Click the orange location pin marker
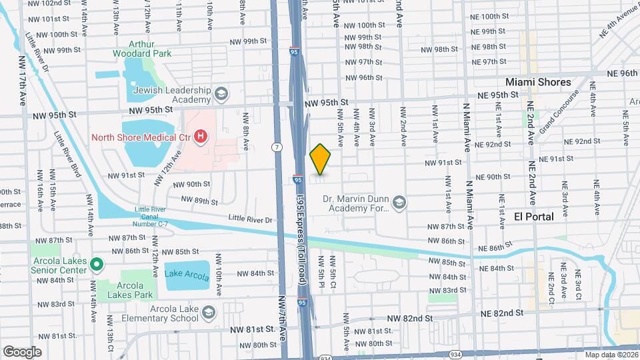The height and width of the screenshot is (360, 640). [x=321, y=159]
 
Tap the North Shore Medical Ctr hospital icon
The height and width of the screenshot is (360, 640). [x=200, y=138]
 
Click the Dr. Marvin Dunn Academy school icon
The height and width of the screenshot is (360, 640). [x=399, y=202]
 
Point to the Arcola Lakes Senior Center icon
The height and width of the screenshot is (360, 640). [x=96, y=265]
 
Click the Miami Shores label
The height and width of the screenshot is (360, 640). [x=538, y=81]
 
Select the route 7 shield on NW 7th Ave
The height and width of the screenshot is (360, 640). [x=275, y=147]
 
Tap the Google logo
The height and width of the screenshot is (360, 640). [x=22, y=351]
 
